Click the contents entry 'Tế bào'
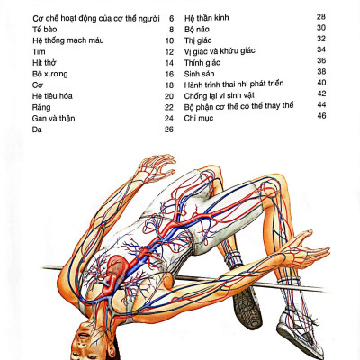pyautogui.click(x=44, y=30)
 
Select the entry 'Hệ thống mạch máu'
pyautogui.click(x=68, y=40)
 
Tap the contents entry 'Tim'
pyautogui.click(x=39, y=51)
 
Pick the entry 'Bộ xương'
pyautogui.click(x=49, y=74)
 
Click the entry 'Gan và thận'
pyautogui.click(x=53, y=118)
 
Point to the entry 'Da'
pyautogui.click(x=37, y=130)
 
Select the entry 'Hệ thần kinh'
pyautogui.click(x=206, y=18)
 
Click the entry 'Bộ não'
pyautogui.click(x=197, y=30)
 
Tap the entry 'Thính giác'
pyautogui.click(x=202, y=63)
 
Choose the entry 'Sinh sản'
pyautogui.click(x=199, y=74)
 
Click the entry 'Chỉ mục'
pyautogui.click(x=199, y=118)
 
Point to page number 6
pyautogui.click(x=171, y=19)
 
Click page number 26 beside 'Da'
pyautogui.click(x=169, y=130)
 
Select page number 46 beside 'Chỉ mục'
pyautogui.click(x=321, y=116)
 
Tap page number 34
pyautogui.click(x=321, y=49)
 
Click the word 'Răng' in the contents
pyautogui.click(x=41, y=107)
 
